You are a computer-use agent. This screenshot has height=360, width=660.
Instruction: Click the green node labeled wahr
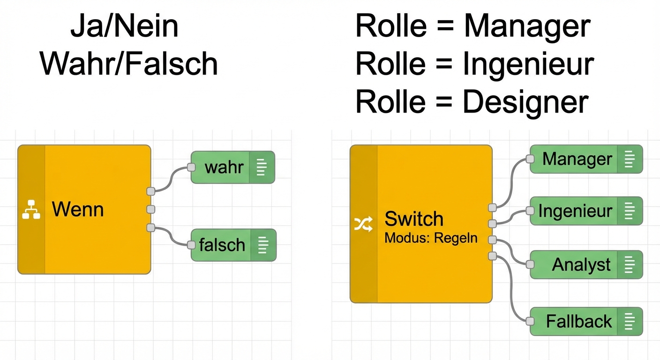point(224,167)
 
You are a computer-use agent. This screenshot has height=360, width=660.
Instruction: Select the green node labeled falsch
point(222,245)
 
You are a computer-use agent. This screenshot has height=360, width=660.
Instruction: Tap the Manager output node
point(577,159)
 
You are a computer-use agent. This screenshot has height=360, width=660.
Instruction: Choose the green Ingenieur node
point(575,211)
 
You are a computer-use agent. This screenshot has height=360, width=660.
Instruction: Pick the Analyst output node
point(581,265)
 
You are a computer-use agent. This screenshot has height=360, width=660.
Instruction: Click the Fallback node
point(579,322)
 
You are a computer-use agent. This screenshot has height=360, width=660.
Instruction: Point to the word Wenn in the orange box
point(78,209)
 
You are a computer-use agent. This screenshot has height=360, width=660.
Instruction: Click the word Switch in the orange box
point(413,219)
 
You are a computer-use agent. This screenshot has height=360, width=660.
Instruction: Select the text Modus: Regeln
point(431,238)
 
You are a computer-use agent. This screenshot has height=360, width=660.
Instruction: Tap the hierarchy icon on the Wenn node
point(31,210)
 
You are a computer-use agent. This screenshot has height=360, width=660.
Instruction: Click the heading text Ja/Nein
point(124,27)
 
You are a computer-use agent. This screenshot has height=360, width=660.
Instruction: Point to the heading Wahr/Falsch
point(129,64)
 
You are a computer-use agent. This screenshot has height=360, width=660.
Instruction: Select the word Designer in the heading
point(525,102)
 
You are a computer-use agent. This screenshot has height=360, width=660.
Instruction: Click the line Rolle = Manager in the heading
point(472,27)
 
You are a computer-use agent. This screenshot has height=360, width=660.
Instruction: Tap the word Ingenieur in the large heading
point(528,64)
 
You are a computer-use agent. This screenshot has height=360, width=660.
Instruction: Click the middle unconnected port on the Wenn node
point(150,209)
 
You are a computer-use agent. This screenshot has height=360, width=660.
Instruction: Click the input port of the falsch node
point(191,245)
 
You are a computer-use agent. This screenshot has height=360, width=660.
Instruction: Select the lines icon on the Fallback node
point(630,322)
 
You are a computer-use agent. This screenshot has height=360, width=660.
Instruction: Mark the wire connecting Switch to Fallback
point(512,291)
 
